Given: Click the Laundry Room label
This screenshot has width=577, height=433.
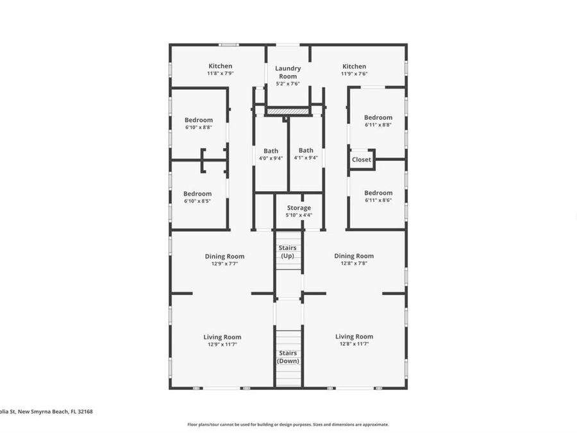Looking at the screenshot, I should coord(288,72).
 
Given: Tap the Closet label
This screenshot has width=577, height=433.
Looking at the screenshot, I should coord(361,160).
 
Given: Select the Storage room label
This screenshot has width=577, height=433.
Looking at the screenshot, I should coord(299,208).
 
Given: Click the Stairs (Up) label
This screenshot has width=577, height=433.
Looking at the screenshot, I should coord(288,251).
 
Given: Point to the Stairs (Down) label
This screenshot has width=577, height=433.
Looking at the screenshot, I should coord(288,357).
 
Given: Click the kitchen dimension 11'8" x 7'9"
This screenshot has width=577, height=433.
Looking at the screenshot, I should coord(220,74).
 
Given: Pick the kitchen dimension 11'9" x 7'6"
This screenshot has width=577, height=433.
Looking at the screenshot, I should coord(354,74).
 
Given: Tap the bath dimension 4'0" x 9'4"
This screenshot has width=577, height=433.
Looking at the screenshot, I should coord(271,158).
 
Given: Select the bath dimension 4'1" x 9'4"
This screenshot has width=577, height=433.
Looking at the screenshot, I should coord(306,158).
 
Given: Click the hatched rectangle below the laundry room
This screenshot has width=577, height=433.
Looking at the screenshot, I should coord(288,111).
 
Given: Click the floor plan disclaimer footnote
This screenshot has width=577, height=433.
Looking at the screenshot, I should coord(288,424).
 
